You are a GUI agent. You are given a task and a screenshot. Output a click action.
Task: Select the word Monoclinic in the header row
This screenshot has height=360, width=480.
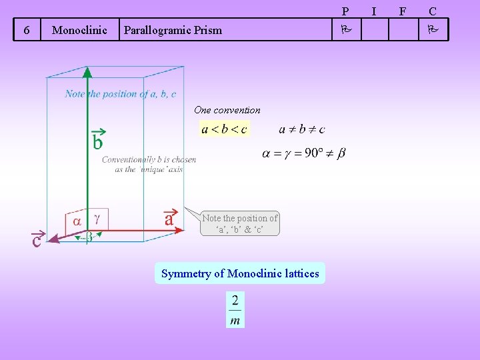pyautogui.click(x=79, y=30)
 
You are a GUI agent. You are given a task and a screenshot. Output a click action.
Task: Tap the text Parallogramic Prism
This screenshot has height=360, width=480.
pyautogui.click(x=173, y=30)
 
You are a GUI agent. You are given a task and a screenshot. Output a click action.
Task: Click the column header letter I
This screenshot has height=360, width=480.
pyautogui.click(x=374, y=11)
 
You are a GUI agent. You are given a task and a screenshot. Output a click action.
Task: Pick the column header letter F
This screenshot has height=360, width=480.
pyautogui.click(x=402, y=11)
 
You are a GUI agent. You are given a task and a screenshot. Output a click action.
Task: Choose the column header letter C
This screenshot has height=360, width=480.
pyautogui.click(x=433, y=11)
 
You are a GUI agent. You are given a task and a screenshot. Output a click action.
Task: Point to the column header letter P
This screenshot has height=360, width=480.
pyautogui.click(x=345, y=11)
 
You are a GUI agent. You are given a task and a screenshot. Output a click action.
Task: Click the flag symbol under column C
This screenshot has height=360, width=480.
pyautogui.click(x=433, y=30)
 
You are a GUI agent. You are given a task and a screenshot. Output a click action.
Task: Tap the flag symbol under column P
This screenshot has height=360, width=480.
pyautogui.click(x=345, y=30)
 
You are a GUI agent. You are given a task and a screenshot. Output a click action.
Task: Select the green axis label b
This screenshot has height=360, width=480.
pyautogui.click(x=97, y=139)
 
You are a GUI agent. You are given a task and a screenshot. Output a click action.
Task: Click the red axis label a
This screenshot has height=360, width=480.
pyautogui.click(x=169, y=217)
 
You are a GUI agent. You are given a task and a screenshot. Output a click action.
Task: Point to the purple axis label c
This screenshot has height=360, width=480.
pyautogui.click(x=37, y=239)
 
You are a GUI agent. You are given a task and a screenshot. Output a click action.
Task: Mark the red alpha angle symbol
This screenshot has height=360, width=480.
pyautogui.click(x=77, y=220)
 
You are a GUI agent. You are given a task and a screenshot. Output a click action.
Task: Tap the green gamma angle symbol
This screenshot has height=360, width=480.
pyautogui.click(x=97, y=217)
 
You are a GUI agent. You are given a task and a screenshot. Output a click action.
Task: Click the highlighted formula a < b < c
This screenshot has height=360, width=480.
pyautogui.click(x=224, y=129)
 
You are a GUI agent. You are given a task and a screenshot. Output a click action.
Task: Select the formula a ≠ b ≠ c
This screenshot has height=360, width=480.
pyautogui.click(x=302, y=129)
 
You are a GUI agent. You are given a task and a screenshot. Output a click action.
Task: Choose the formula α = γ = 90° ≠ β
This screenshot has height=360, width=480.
pyautogui.click(x=304, y=153)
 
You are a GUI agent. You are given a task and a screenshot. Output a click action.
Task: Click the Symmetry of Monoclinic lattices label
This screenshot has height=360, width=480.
pyautogui.click(x=240, y=273)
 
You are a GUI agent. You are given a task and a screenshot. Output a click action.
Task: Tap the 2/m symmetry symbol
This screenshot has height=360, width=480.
pyautogui.click(x=235, y=310)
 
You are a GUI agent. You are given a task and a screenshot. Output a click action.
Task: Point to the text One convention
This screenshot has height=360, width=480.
pyautogui.click(x=227, y=110)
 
